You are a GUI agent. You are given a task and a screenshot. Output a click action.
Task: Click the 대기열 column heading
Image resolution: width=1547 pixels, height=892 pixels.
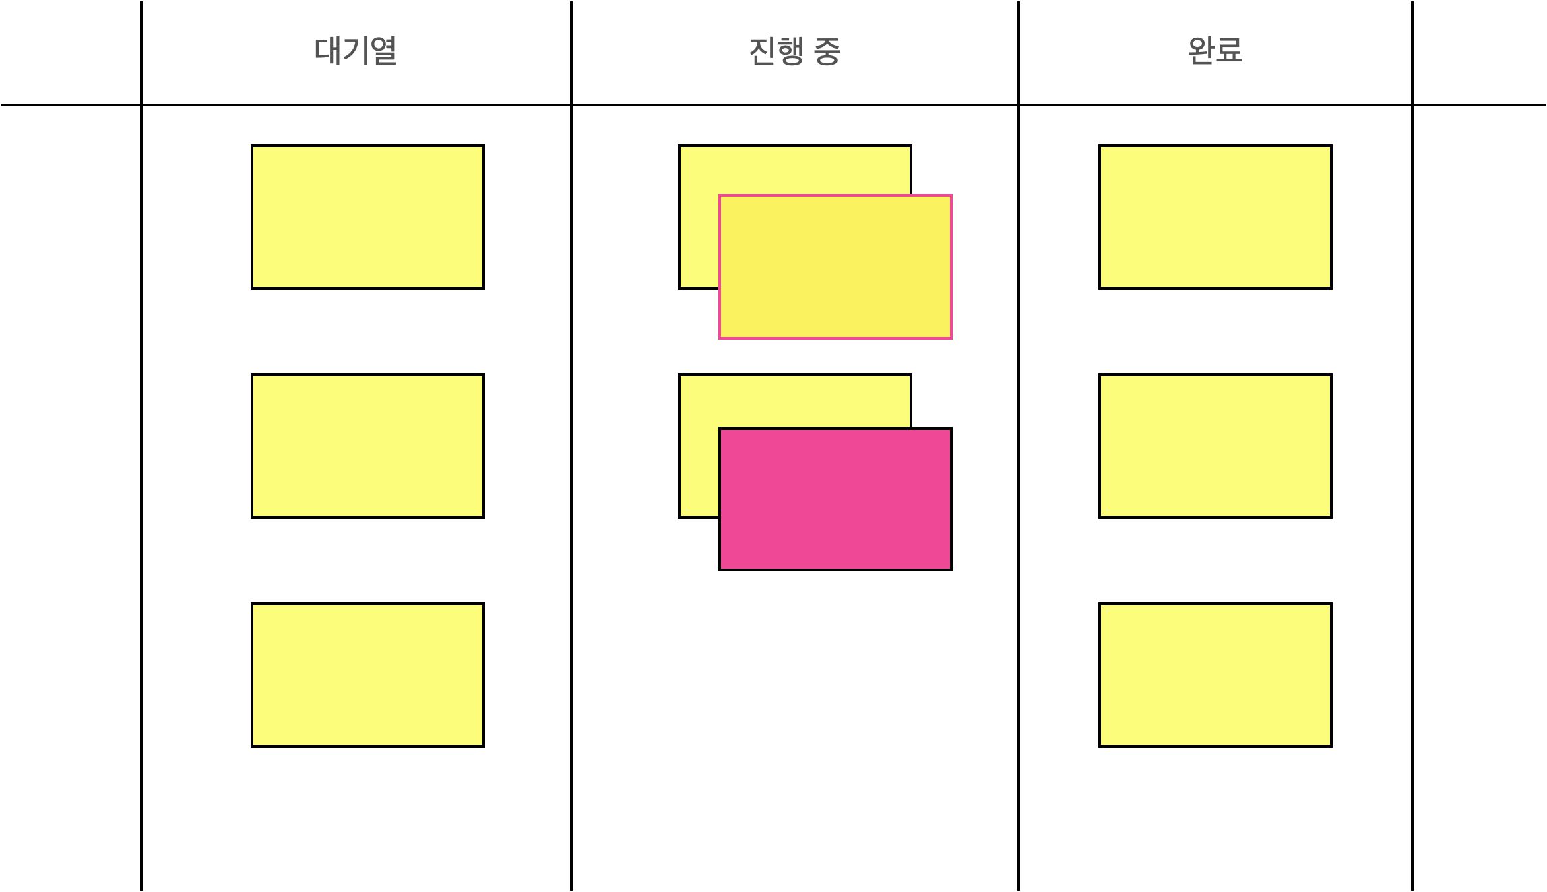coord(355,51)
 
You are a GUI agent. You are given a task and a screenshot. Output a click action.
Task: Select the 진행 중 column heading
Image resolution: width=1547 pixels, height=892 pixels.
coord(794,51)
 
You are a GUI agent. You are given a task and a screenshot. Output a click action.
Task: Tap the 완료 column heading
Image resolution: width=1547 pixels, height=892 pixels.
coord(1215,51)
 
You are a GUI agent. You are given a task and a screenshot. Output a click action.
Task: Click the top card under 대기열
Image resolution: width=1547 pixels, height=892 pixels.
coord(367,217)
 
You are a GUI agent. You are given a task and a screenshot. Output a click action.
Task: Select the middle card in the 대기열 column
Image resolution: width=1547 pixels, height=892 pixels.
coord(367,446)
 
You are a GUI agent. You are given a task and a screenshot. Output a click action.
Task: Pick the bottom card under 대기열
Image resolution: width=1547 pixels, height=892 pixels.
coord(367,675)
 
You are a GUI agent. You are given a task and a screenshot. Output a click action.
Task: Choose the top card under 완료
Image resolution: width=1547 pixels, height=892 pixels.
coord(1215,217)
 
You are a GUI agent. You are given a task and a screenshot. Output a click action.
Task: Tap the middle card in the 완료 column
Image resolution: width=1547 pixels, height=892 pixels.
coord(1215,446)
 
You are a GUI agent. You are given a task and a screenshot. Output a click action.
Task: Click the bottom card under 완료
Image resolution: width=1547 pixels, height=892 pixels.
coord(1215,675)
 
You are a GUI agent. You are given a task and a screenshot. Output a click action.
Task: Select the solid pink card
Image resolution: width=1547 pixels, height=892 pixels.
coord(835,499)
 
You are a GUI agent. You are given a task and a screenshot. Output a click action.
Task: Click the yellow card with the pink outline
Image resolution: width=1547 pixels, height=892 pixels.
coord(835,267)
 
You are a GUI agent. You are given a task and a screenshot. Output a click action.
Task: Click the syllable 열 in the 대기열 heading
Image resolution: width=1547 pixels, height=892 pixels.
coord(383,51)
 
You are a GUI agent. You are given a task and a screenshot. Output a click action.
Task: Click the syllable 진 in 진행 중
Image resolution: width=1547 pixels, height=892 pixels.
coord(763,51)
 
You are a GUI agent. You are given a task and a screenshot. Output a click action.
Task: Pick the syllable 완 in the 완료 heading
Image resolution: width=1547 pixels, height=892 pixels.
coord(1201,51)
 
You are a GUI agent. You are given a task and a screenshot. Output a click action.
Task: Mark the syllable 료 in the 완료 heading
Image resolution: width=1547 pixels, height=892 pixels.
coord(1230,51)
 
